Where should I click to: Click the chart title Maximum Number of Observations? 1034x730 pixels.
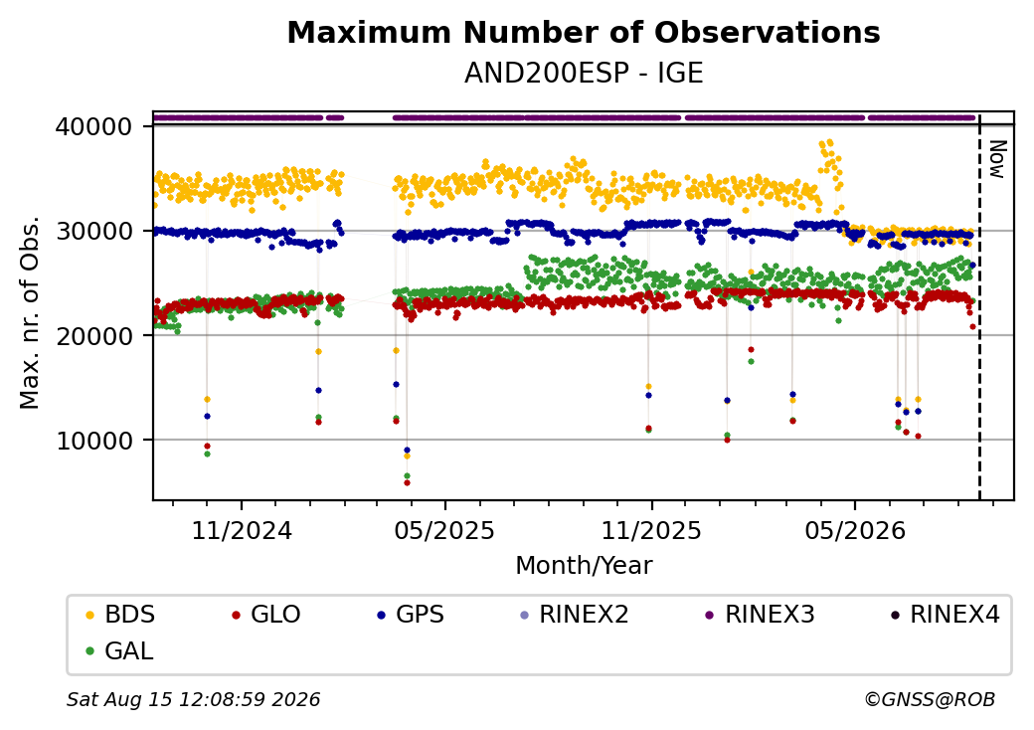tap(584, 32)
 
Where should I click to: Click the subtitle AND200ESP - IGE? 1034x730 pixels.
tap(584, 73)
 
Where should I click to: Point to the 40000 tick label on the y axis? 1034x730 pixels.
tap(94, 126)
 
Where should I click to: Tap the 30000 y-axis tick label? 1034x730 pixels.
tap(94, 231)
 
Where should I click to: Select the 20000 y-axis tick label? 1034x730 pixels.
tap(94, 335)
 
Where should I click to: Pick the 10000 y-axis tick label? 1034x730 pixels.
tap(94, 441)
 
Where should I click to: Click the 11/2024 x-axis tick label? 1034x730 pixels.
tap(242, 530)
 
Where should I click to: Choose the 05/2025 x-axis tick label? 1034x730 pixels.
tap(445, 530)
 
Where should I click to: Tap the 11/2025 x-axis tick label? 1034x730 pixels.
tap(651, 530)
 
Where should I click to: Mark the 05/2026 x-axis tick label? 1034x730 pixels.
tap(855, 530)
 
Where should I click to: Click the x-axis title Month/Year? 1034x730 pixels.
tap(584, 565)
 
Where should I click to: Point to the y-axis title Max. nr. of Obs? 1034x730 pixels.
tap(30, 312)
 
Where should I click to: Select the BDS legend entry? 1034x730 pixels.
tap(120, 615)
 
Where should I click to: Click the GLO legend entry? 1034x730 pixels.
tap(266, 615)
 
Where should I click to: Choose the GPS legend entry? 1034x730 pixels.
tap(411, 615)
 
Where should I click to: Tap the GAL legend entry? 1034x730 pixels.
tap(120, 650)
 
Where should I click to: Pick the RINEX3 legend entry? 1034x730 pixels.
tap(761, 615)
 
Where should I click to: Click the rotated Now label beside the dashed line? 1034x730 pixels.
tap(996, 159)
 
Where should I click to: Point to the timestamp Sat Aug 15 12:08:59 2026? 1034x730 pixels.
tap(194, 699)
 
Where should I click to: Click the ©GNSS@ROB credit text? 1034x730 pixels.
tap(930, 699)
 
